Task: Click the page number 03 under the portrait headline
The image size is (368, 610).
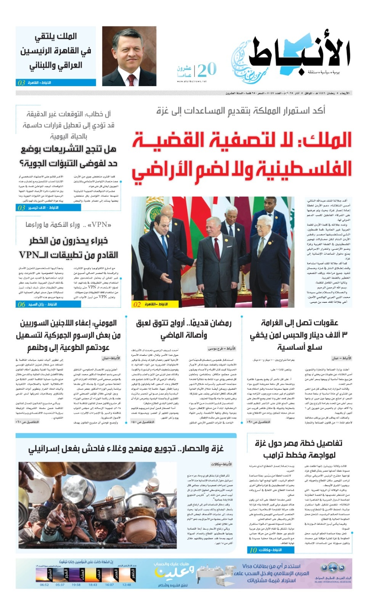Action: coord(21,83)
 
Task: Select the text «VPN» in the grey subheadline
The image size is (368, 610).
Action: coord(100,225)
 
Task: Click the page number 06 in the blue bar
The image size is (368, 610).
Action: coord(21,304)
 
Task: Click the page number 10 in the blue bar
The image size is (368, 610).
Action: coord(253,550)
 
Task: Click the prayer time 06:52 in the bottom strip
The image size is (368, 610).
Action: coord(44,584)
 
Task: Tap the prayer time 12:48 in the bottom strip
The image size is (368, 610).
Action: coord(127,584)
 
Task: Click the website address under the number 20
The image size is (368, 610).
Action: coord(191,81)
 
